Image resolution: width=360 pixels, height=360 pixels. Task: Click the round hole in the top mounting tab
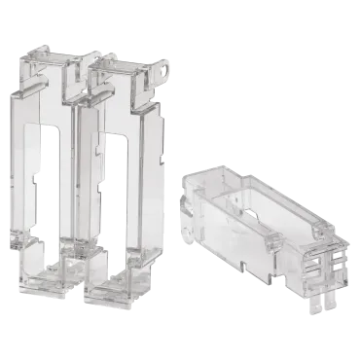[x=162, y=69]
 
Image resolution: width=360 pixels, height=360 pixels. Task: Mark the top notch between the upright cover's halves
[x=83, y=64]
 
